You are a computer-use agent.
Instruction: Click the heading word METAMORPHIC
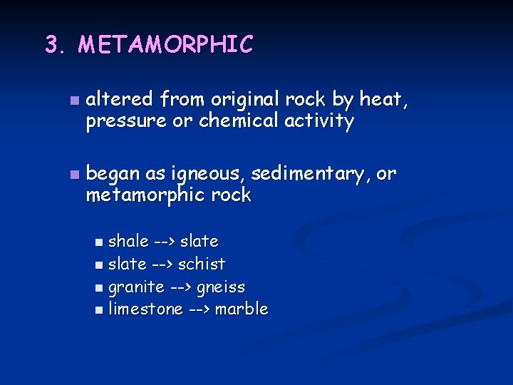165,45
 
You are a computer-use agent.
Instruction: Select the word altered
120,100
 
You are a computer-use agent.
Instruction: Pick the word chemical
239,121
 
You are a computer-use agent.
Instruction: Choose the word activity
319,121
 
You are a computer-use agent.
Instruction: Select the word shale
128,242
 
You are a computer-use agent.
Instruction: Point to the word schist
202,264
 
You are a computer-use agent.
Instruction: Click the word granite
136,287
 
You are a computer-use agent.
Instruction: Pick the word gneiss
221,287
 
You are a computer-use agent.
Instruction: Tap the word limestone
145,309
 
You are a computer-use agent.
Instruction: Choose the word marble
242,309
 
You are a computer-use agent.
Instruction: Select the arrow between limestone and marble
199,309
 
